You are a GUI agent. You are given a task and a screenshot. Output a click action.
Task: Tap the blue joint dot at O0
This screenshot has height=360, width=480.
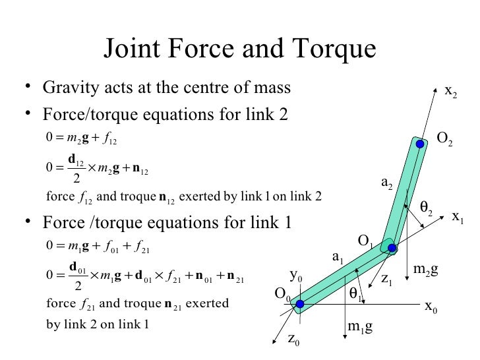click(x=299, y=303)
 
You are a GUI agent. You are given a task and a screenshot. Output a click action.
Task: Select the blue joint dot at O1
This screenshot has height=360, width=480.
click(x=392, y=249)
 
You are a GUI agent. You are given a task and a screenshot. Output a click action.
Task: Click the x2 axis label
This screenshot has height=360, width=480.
click(x=451, y=93)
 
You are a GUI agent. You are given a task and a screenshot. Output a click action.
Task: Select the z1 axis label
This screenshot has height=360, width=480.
click(x=387, y=280)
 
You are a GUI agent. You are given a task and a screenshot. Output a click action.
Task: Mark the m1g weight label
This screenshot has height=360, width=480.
click(x=360, y=326)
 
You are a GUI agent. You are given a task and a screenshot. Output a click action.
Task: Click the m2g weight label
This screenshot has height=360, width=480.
click(x=425, y=269)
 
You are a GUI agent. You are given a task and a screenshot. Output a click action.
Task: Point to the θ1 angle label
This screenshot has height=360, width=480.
click(x=355, y=292)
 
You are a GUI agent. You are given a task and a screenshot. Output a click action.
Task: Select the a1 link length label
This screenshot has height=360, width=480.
click(x=338, y=256)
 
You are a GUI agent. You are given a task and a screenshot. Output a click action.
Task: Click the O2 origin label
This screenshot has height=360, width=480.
click(x=445, y=138)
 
